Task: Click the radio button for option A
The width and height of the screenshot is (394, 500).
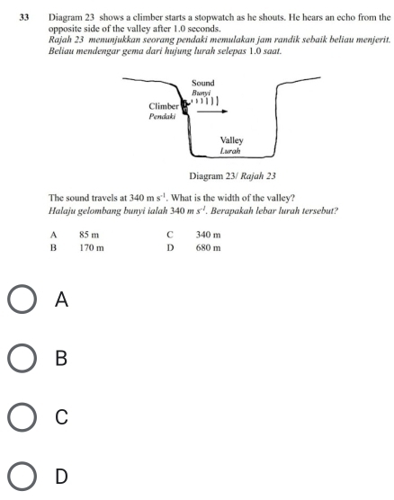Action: pos(22,299)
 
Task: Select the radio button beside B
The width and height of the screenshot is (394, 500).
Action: pos(22,358)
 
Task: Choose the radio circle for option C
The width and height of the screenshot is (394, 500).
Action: pos(22,416)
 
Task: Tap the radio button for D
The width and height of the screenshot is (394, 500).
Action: pos(22,476)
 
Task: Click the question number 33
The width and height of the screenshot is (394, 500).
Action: pos(24,18)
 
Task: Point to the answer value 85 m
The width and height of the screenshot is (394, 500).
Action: pos(89,235)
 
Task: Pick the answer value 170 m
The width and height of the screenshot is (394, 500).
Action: pos(92,248)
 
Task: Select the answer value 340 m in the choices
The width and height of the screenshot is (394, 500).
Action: pos(208,235)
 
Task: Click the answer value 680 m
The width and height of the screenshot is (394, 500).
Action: pos(208,248)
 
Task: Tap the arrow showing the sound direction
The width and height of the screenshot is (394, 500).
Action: pos(212,112)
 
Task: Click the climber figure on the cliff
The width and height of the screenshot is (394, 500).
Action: pos(184,107)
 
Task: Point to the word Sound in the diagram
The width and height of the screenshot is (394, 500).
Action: pos(203,84)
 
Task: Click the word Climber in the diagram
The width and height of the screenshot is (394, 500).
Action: pos(164,106)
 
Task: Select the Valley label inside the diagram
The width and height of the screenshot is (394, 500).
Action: pos(231,140)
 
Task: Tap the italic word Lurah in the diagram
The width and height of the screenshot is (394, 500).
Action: pos(230,151)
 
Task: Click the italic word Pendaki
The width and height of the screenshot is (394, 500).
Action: pos(162,116)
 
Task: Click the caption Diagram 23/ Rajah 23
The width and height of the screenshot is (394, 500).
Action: pos(232,176)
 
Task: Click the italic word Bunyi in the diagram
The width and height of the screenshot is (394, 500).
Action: pos(201,94)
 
